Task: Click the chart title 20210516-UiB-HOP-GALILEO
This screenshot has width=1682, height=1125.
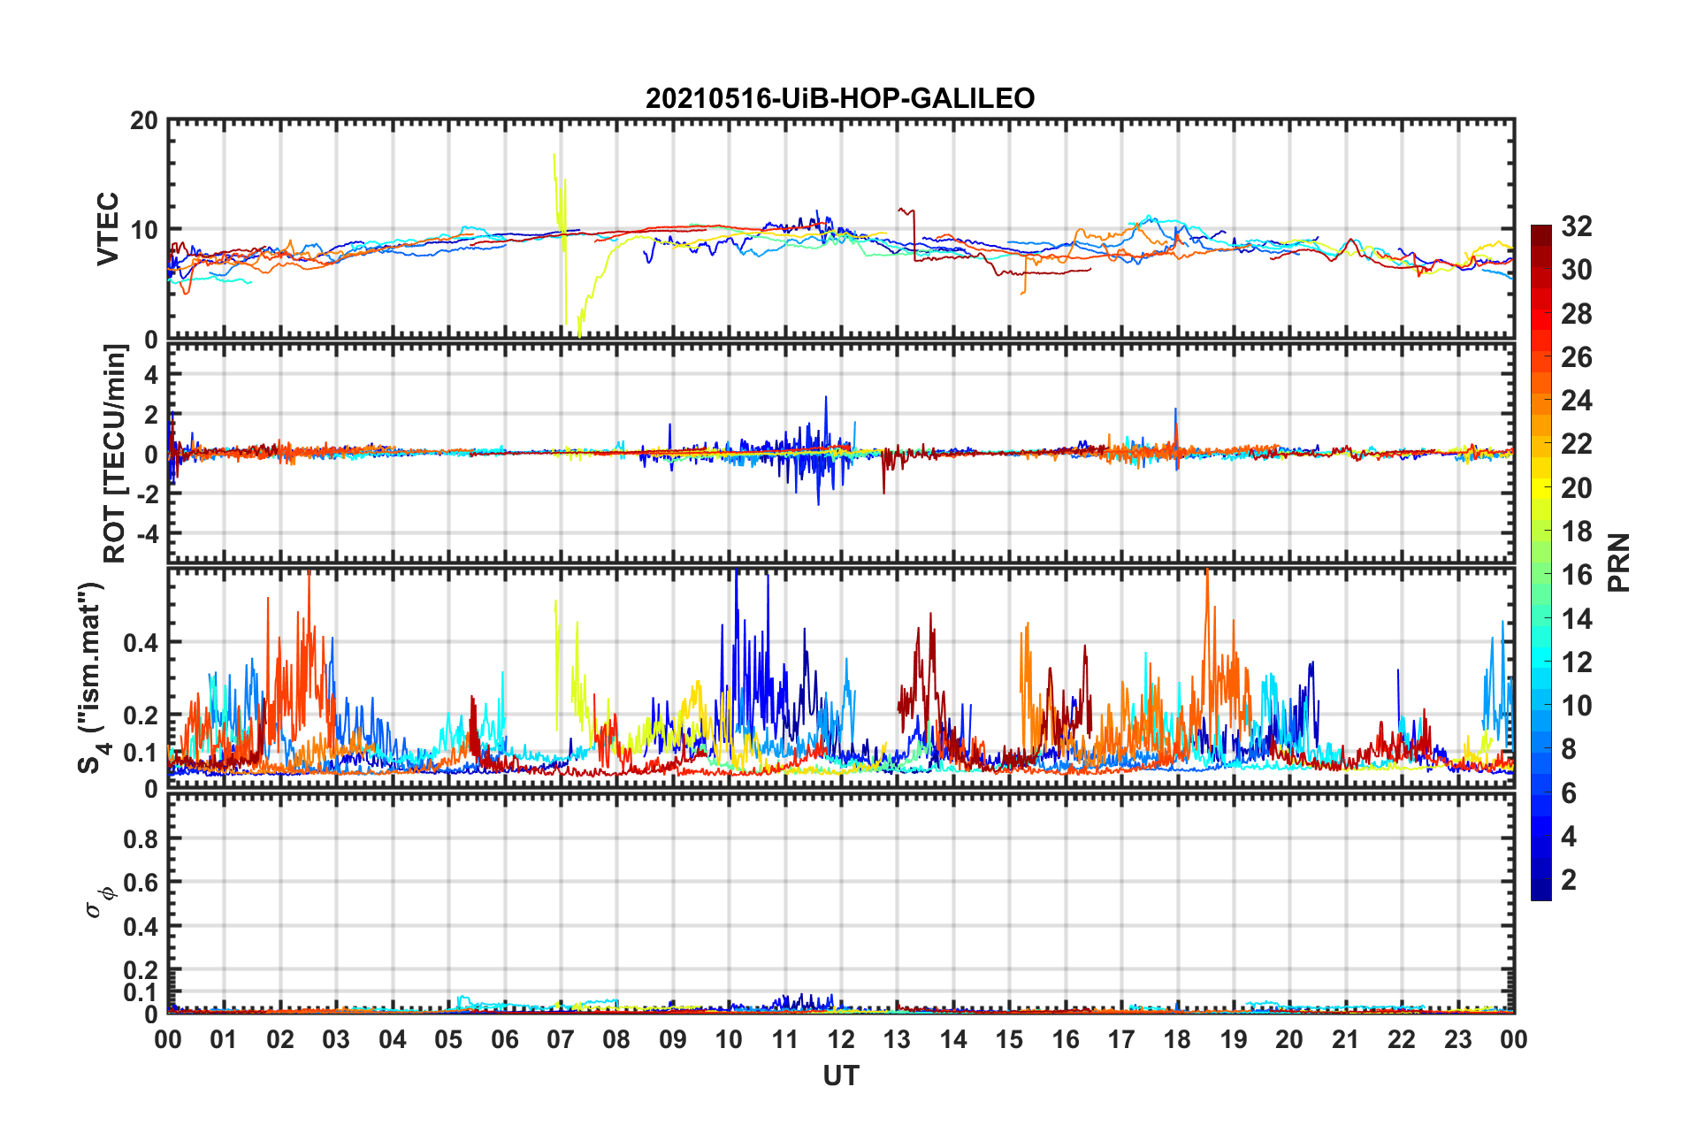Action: tap(839, 98)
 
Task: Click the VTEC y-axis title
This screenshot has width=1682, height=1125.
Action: tap(108, 228)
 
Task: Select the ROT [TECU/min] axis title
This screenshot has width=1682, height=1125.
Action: tap(115, 453)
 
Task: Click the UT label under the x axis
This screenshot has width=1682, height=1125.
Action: tap(840, 1075)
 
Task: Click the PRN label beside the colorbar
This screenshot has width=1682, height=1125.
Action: tap(1619, 562)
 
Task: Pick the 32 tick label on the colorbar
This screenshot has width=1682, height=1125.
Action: tap(1576, 226)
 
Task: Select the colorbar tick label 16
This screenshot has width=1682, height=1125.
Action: tap(1576, 575)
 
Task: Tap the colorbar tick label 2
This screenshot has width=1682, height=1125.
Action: tap(1569, 879)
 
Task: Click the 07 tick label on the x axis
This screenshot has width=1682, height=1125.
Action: tap(561, 1039)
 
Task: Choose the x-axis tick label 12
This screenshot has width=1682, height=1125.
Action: tap(841, 1039)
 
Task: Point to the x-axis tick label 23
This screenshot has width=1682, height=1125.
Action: tap(1457, 1039)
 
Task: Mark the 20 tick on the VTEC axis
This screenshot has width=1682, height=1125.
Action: tap(143, 121)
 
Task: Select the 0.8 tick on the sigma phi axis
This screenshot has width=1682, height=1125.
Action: tap(141, 838)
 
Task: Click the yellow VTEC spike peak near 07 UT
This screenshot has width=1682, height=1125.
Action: tap(554, 155)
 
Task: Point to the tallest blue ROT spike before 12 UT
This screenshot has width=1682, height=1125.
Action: tap(826, 397)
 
